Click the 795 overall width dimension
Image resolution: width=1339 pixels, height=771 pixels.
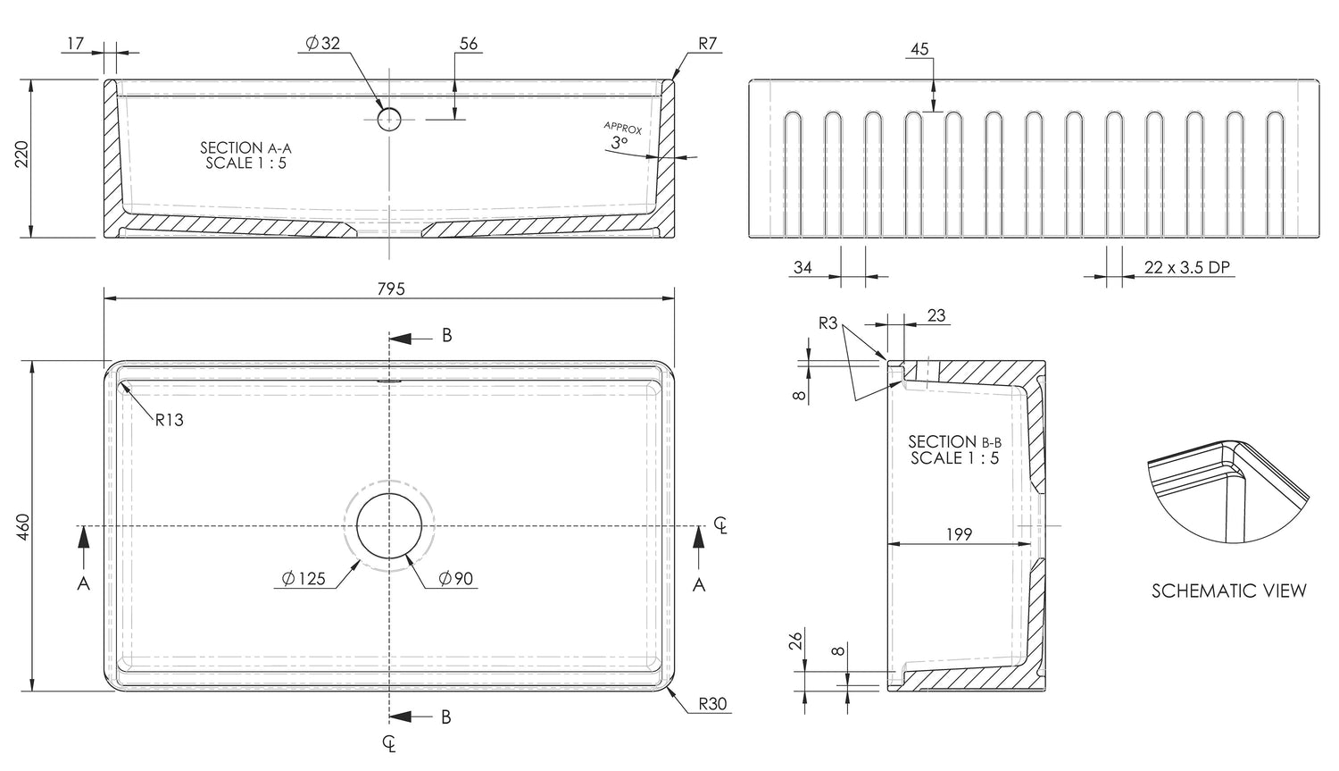pyautogui.click(x=391, y=289)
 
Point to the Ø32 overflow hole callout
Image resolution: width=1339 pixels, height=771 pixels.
pyautogui.click(x=322, y=43)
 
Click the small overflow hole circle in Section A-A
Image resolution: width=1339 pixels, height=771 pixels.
pyautogui.click(x=390, y=118)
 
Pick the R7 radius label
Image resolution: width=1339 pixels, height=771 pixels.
pyautogui.click(x=707, y=43)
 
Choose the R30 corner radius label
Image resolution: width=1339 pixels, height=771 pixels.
pyautogui.click(x=712, y=704)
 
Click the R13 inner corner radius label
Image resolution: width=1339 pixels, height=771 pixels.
pyautogui.click(x=169, y=420)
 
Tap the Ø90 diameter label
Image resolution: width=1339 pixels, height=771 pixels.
pyautogui.click(x=455, y=579)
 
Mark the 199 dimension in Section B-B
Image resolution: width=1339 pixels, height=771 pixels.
pyautogui.click(x=958, y=534)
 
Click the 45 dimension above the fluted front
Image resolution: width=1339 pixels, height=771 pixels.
pyautogui.click(x=919, y=50)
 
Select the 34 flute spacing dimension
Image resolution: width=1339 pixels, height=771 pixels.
pyautogui.click(x=803, y=267)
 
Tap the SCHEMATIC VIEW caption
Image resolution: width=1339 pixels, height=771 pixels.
pyautogui.click(x=1228, y=591)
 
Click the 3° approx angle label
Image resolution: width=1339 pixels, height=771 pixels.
pyautogui.click(x=620, y=142)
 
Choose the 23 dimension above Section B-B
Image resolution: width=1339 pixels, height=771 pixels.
pyautogui.click(x=936, y=315)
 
